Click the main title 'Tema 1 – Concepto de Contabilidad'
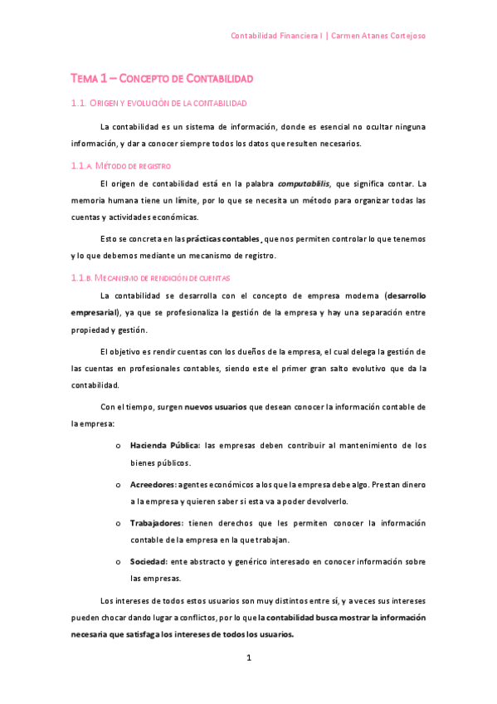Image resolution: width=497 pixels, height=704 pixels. point(161,78)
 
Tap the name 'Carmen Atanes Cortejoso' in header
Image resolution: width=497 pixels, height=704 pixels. point(379,37)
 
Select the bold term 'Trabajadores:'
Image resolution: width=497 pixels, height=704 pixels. point(157,523)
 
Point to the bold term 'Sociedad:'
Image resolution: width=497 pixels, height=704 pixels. point(149,562)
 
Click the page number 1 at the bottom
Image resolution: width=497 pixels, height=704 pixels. point(248,658)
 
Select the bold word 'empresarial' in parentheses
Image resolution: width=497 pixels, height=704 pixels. point(94,312)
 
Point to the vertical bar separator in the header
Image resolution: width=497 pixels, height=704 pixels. point(327,37)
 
